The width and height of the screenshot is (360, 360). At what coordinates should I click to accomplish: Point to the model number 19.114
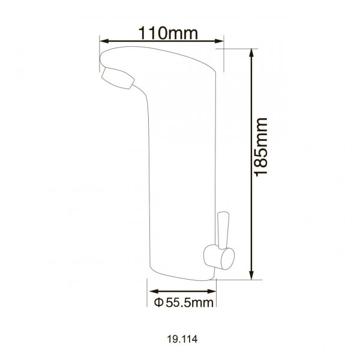click(179, 338)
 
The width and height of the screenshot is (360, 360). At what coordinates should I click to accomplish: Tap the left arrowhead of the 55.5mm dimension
click(149, 290)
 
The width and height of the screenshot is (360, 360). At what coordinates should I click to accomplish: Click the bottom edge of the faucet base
click(180, 280)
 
